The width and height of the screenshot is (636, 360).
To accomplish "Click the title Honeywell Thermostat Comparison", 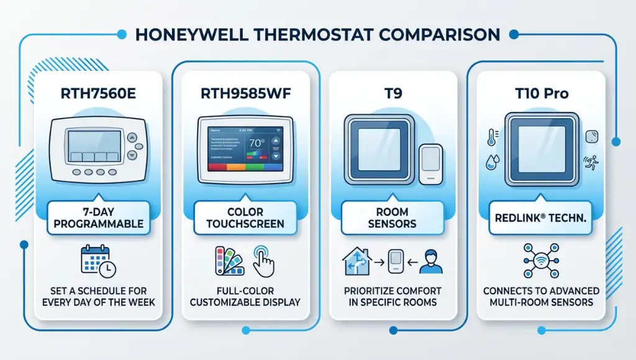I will click(x=318, y=34).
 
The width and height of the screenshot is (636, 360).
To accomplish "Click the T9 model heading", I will click(x=392, y=94).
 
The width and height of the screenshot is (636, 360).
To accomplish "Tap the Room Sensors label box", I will click(x=392, y=218).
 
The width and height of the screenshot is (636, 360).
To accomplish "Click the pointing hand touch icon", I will click(x=263, y=261).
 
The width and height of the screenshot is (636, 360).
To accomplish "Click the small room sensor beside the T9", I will click(x=430, y=163).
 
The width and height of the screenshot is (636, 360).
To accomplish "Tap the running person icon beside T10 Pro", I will click(x=589, y=163).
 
